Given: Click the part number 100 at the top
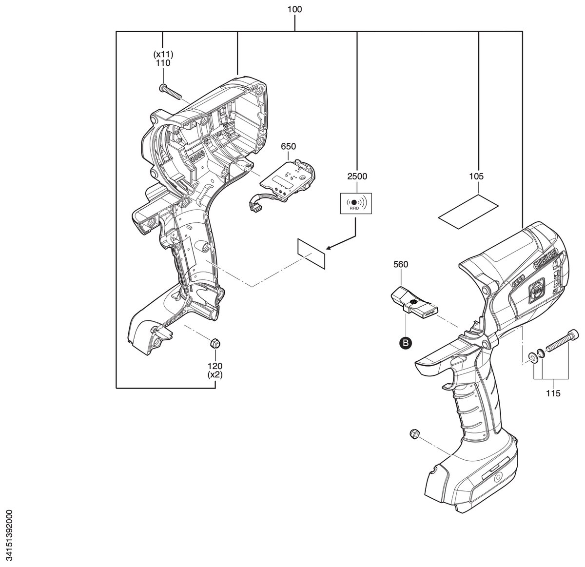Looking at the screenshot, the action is [294, 10].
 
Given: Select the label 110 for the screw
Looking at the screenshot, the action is [163, 63].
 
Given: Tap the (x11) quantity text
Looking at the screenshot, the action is [163, 55].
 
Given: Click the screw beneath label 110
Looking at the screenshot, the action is [170, 91].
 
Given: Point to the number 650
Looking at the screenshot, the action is [288, 146].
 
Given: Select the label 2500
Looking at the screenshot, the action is [357, 176].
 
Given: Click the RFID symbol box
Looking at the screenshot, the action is [356, 203].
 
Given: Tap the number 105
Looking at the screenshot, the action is [476, 176].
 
